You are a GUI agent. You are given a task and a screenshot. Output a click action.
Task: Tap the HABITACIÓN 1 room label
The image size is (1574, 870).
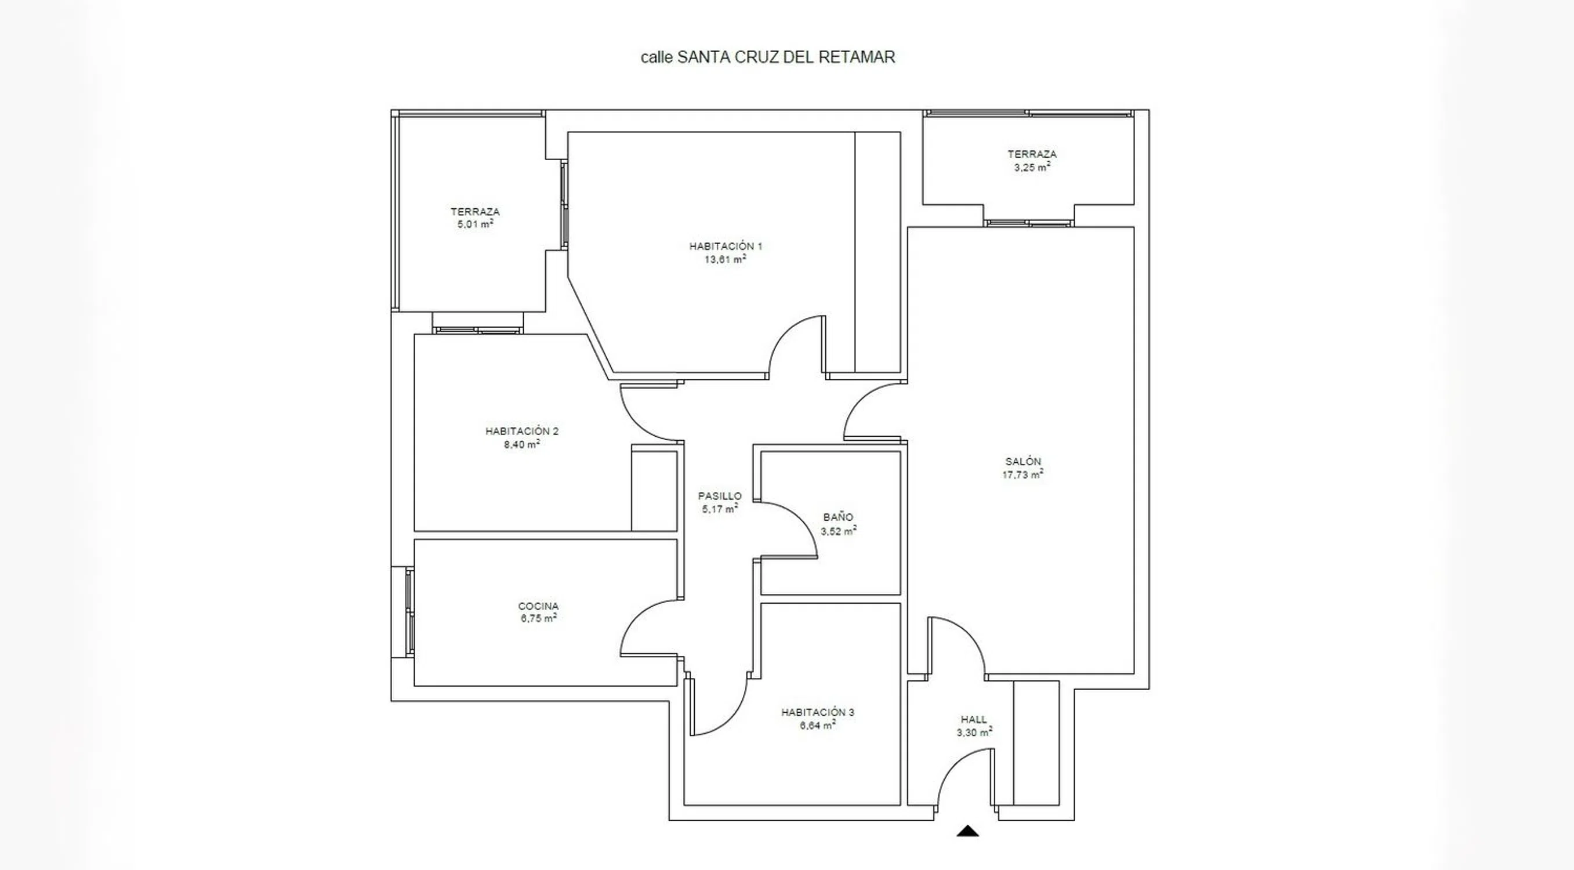pyautogui.click(x=726, y=246)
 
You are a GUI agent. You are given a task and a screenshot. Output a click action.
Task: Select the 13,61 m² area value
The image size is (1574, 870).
pyautogui.click(x=726, y=259)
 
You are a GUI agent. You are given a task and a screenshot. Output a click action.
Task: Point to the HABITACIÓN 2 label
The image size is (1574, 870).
pyautogui.click(x=522, y=432)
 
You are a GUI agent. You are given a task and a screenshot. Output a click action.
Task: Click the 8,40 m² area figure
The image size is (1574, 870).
pyautogui.click(x=522, y=444)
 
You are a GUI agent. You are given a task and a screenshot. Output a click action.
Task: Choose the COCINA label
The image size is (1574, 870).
pyautogui.click(x=538, y=606)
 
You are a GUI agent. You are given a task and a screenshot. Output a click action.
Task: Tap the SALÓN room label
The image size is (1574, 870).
pyautogui.click(x=1023, y=462)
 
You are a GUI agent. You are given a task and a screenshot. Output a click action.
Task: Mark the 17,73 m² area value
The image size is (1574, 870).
pyautogui.click(x=1023, y=474)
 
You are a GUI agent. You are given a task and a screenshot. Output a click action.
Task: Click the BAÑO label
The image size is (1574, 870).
pyautogui.click(x=839, y=517)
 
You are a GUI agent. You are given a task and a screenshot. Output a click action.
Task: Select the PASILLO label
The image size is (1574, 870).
pyautogui.click(x=720, y=496)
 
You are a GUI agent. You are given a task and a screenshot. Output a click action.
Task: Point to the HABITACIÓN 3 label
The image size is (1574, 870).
pyautogui.click(x=818, y=712)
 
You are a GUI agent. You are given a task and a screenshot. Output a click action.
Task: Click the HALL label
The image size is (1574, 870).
pyautogui.click(x=974, y=720)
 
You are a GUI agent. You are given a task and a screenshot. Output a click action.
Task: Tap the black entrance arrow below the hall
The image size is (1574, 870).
pyautogui.click(x=967, y=831)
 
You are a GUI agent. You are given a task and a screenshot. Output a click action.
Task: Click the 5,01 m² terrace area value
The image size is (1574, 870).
pyautogui.click(x=476, y=224)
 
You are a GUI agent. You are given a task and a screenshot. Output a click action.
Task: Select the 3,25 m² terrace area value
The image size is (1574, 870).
pyautogui.click(x=1032, y=168)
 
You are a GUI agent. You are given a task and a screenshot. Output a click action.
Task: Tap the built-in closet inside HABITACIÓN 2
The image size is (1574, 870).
pyautogui.click(x=654, y=491)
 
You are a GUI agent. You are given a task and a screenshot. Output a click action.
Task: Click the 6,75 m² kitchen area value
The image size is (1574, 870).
pyautogui.click(x=538, y=618)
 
